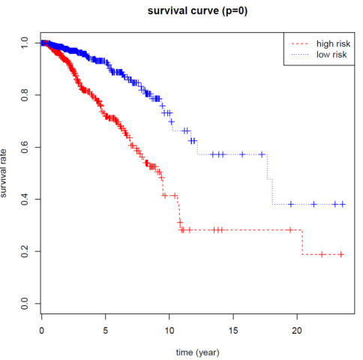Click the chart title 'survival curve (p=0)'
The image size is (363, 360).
tap(197, 11)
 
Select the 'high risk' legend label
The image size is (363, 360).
tap(333, 43)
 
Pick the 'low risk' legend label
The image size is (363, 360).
tap(331, 55)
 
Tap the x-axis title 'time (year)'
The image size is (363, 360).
tap(197, 352)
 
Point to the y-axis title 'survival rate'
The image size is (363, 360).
tap(4, 173)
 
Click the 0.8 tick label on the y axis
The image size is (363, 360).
tap(25, 95)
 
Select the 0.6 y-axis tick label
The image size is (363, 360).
tap(25, 147)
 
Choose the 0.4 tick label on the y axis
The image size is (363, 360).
tap(25, 199)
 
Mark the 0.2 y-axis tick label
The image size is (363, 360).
tap(25, 251)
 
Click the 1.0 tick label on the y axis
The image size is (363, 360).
tap(25, 43)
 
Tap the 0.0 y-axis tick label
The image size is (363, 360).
tap(25, 304)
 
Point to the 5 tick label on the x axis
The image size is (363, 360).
tap(106, 331)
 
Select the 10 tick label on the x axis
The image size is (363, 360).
tap(169, 331)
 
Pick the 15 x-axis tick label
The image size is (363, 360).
tap(233, 331)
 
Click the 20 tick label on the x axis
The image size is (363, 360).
tap(297, 331)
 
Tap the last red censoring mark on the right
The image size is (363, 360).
tap(341, 254)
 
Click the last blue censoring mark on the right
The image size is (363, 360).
tap(343, 204)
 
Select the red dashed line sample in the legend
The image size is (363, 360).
tap(300, 44)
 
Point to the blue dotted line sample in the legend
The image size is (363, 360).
tap(300, 55)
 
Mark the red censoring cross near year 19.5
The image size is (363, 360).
tap(290, 229)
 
